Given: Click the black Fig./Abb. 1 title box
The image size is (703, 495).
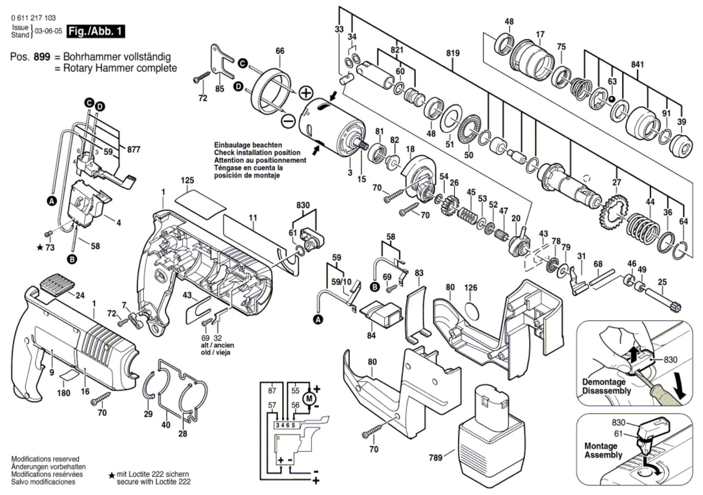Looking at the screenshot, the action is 96,31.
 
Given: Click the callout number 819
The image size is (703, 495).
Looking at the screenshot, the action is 453,53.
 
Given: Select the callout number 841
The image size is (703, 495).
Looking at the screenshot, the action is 638,65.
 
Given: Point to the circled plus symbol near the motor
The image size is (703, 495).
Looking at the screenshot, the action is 306,93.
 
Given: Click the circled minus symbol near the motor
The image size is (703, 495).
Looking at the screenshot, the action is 288,121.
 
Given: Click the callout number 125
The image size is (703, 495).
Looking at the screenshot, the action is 187,181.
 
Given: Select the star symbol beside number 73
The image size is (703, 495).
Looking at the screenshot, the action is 40,248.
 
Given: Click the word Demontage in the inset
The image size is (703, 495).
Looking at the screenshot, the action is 604,382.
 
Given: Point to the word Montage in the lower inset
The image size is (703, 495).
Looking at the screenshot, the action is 600,446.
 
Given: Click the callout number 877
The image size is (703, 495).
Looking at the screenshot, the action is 134,150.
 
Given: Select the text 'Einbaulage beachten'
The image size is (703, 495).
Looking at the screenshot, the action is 248,145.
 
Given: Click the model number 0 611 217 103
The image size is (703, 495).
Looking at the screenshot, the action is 29,18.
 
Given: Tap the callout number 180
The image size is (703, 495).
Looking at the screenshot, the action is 64,393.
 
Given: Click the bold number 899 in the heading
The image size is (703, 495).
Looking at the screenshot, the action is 42,57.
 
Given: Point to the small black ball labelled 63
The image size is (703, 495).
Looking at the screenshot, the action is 611,99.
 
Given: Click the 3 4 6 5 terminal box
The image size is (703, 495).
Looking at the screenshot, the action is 285,425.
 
